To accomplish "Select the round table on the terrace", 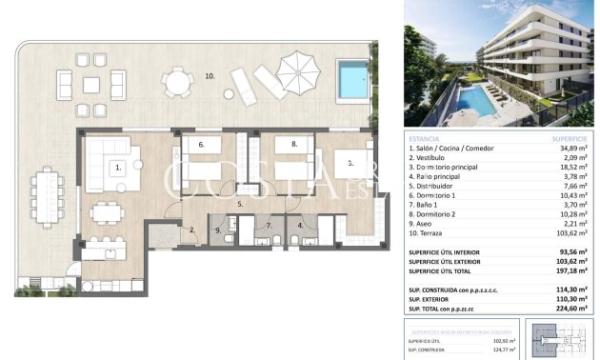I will point(177,83).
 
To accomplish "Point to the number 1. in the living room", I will point(119,168).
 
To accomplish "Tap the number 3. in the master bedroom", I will point(350,164).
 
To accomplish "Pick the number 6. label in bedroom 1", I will point(202,145).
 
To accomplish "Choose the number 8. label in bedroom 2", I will point(294,145).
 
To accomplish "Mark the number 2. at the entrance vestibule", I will point(191,230).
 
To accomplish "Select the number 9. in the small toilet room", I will point(218,230).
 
